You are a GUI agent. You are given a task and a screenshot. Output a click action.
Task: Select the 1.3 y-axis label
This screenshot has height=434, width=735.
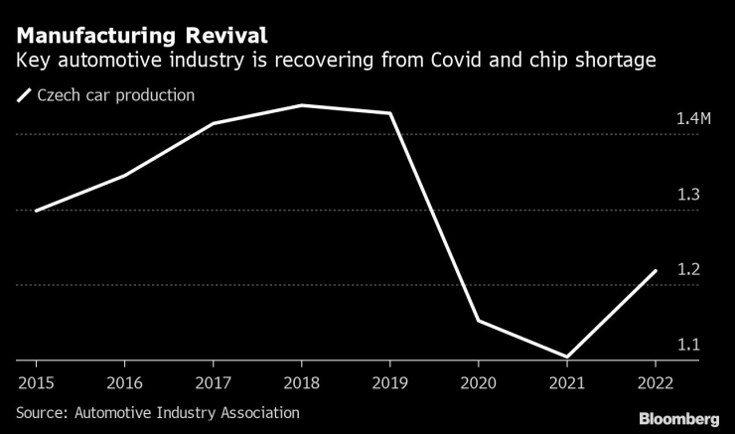(688, 195)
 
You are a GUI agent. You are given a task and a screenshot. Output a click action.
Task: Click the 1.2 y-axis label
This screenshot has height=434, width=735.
(688, 270)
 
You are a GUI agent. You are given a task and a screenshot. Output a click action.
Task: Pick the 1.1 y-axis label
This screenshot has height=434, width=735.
(688, 345)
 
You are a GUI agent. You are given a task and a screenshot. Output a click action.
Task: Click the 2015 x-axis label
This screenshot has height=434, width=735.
(36, 380)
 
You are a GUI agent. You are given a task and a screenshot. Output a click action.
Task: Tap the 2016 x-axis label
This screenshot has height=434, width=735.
(125, 380)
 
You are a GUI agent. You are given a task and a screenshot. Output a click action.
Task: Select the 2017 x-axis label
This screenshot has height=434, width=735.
(214, 380)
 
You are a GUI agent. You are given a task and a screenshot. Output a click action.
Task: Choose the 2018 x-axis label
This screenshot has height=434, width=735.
(302, 380)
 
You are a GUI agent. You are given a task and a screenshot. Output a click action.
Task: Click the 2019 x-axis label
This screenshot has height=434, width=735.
(390, 380)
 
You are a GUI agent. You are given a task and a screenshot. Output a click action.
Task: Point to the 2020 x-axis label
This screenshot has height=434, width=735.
(479, 380)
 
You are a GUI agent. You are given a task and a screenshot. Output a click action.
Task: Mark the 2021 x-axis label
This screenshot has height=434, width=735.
(567, 380)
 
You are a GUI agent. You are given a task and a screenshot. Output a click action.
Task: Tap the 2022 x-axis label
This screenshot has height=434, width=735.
(656, 380)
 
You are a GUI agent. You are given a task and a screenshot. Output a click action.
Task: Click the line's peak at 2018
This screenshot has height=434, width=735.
(302, 104)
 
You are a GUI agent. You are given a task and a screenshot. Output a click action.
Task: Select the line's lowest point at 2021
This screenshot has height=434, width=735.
(567, 357)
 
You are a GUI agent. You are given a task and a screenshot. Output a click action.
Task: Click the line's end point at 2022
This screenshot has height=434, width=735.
(656, 270)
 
